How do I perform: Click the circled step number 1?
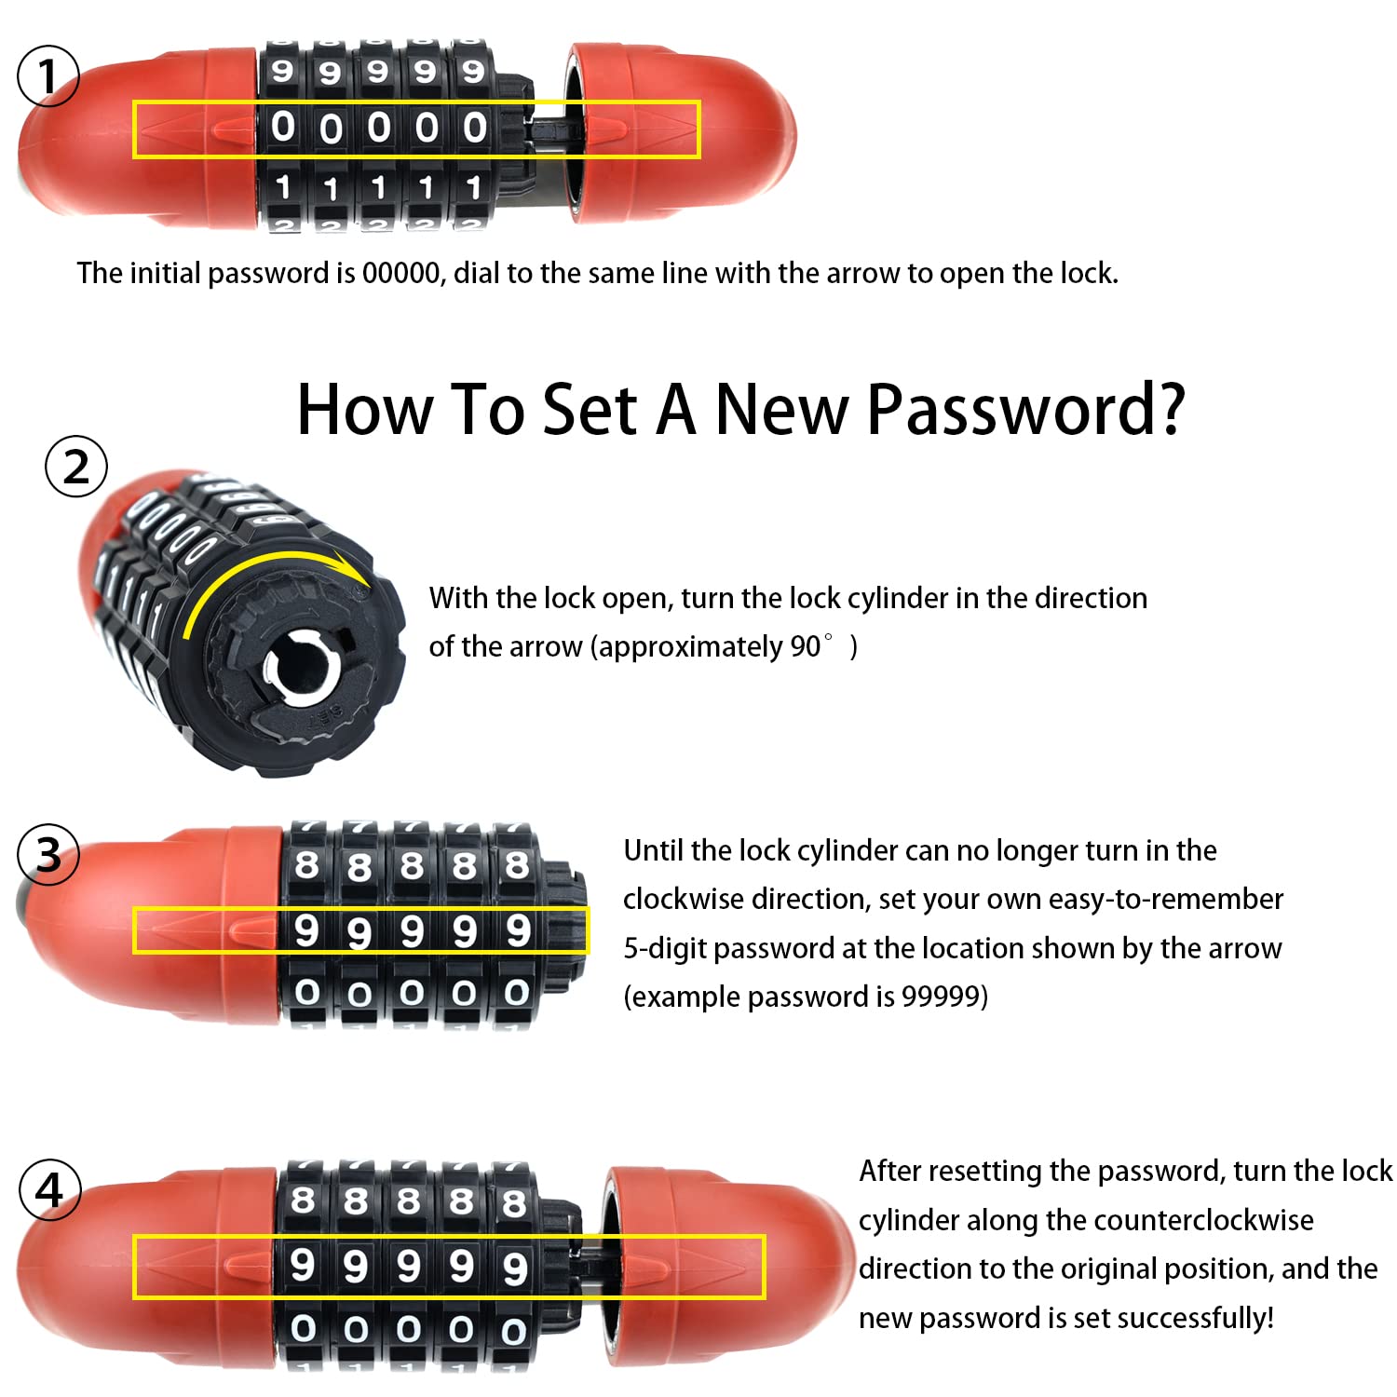pos(48,75)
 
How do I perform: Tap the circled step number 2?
pos(76,467)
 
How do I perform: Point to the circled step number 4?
pos(49,1189)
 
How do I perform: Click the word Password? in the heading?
pos(1025,410)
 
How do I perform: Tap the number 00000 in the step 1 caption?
pos(400,273)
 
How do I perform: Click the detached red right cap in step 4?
pos(729,1264)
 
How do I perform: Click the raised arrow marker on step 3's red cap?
pos(253,929)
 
